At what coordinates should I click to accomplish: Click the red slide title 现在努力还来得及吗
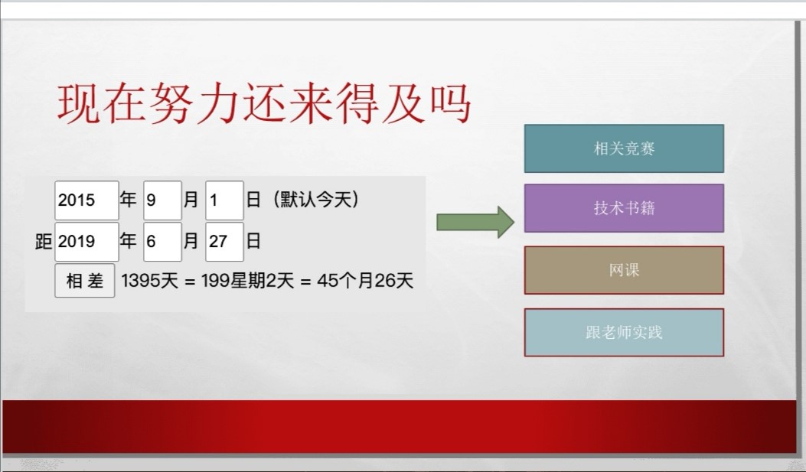tap(264, 104)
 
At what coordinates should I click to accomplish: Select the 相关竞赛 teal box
tap(624, 148)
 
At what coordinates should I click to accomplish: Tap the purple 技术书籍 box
tap(624, 208)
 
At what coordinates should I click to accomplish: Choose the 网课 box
tap(624, 270)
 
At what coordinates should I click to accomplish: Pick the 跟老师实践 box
tap(624, 332)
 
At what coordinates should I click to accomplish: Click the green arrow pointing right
tap(475, 222)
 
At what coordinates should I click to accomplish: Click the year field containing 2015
tap(86, 200)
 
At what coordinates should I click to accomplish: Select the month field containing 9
tap(162, 200)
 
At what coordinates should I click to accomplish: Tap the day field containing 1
tap(224, 200)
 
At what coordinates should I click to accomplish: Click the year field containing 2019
tap(86, 242)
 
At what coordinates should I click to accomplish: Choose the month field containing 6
tap(162, 242)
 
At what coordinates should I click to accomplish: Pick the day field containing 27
tap(224, 242)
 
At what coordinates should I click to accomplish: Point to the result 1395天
tap(149, 281)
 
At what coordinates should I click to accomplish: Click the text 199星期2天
tap(248, 281)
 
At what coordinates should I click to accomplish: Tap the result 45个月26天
tap(365, 281)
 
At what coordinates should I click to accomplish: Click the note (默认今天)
tap(315, 200)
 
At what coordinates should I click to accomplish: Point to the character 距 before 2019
tap(44, 241)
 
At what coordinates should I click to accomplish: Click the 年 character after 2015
tap(128, 199)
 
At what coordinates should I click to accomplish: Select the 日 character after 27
tap(253, 240)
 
